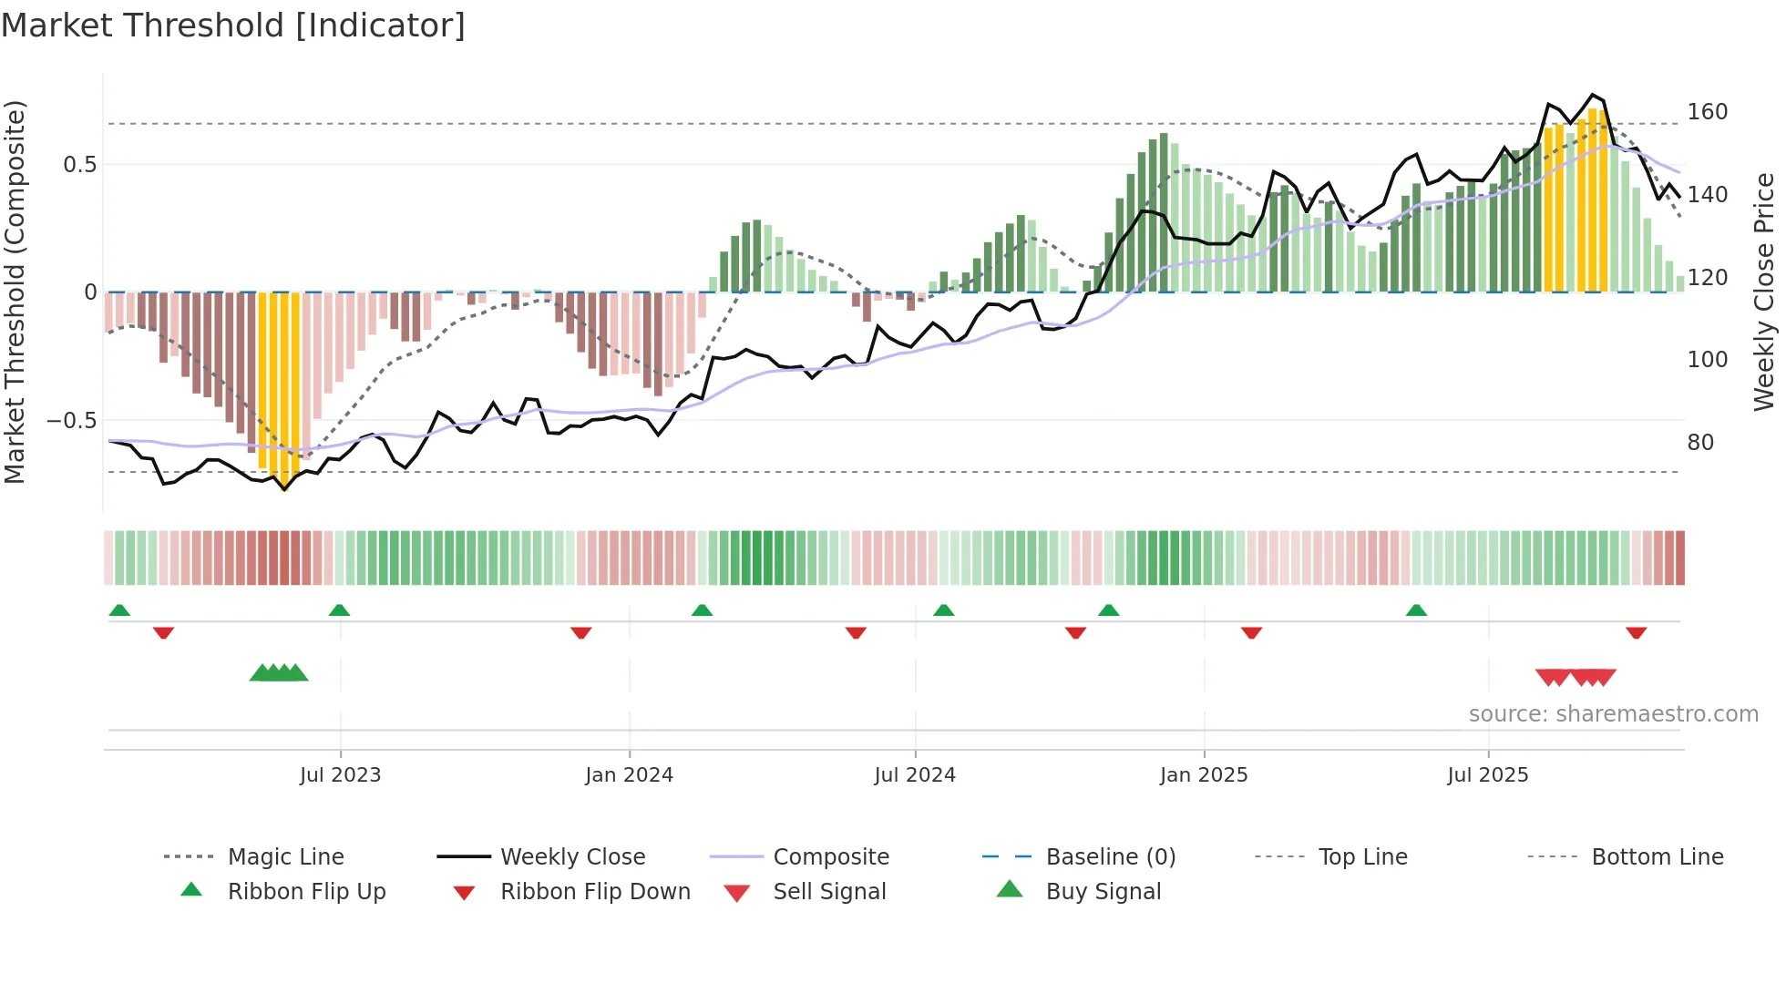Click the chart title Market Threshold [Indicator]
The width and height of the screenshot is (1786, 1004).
pos(233,26)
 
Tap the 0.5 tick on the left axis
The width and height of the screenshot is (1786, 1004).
pos(79,165)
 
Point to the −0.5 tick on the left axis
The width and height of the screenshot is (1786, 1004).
pos(72,421)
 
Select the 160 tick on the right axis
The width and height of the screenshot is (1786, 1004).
pos(1707,112)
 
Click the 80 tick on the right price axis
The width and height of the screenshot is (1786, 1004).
pos(1700,443)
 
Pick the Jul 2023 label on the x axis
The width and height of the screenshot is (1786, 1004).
pos(340,775)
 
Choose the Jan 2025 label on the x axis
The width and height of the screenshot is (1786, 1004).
pos(1203,775)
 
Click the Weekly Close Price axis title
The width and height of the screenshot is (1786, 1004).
pos(1764,292)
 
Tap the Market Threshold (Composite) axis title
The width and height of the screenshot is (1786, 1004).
pos(15,292)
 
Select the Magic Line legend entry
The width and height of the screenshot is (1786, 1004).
pos(285,857)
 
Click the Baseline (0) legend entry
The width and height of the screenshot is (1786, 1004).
pos(1110,857)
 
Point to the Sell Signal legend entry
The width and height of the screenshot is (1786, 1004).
pos(828,892)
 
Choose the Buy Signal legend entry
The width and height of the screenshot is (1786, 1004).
pos(1103,892)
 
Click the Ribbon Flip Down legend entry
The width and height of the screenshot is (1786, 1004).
pos(594,892)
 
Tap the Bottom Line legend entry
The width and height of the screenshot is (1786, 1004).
pos(1657,857)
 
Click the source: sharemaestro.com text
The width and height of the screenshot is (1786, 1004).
pos(1613,714)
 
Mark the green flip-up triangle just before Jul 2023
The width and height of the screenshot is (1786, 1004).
pos(339,610)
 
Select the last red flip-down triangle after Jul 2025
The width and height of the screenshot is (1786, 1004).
pos(1636,632)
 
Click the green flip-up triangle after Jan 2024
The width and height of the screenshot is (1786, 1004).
pos(702,610)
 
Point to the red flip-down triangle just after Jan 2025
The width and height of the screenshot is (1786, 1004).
pos(1251,632)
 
